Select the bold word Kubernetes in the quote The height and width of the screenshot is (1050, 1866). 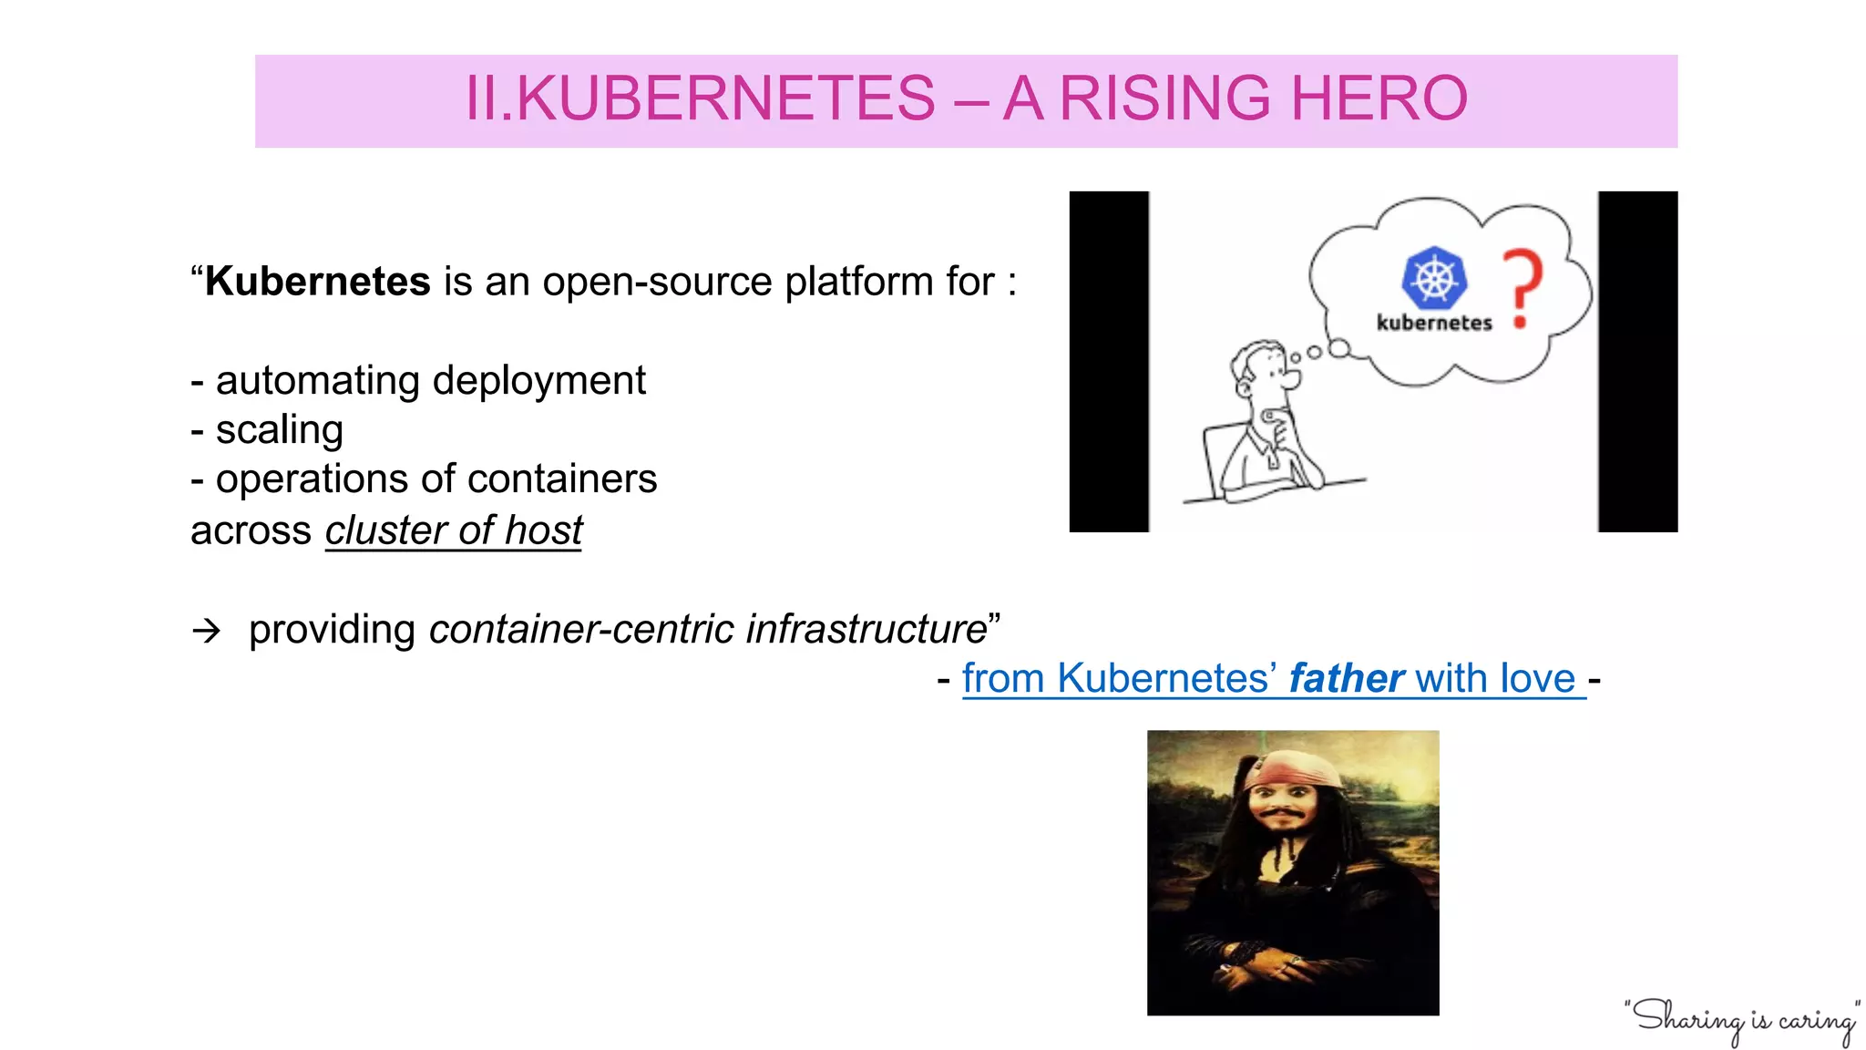tap(317, 282)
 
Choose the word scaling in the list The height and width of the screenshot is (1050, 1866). tap(279, 430)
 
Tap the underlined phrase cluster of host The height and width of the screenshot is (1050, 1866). tap(454, 530)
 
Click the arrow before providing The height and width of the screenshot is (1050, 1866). tap(207, 631)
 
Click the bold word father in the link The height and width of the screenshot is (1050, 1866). tap(1346, 679)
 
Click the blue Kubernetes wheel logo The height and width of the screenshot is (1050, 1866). tap(1434, 277)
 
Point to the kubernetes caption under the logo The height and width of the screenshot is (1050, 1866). tap(1434, 323)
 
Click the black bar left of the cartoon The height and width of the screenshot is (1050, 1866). tap(1109, 361)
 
